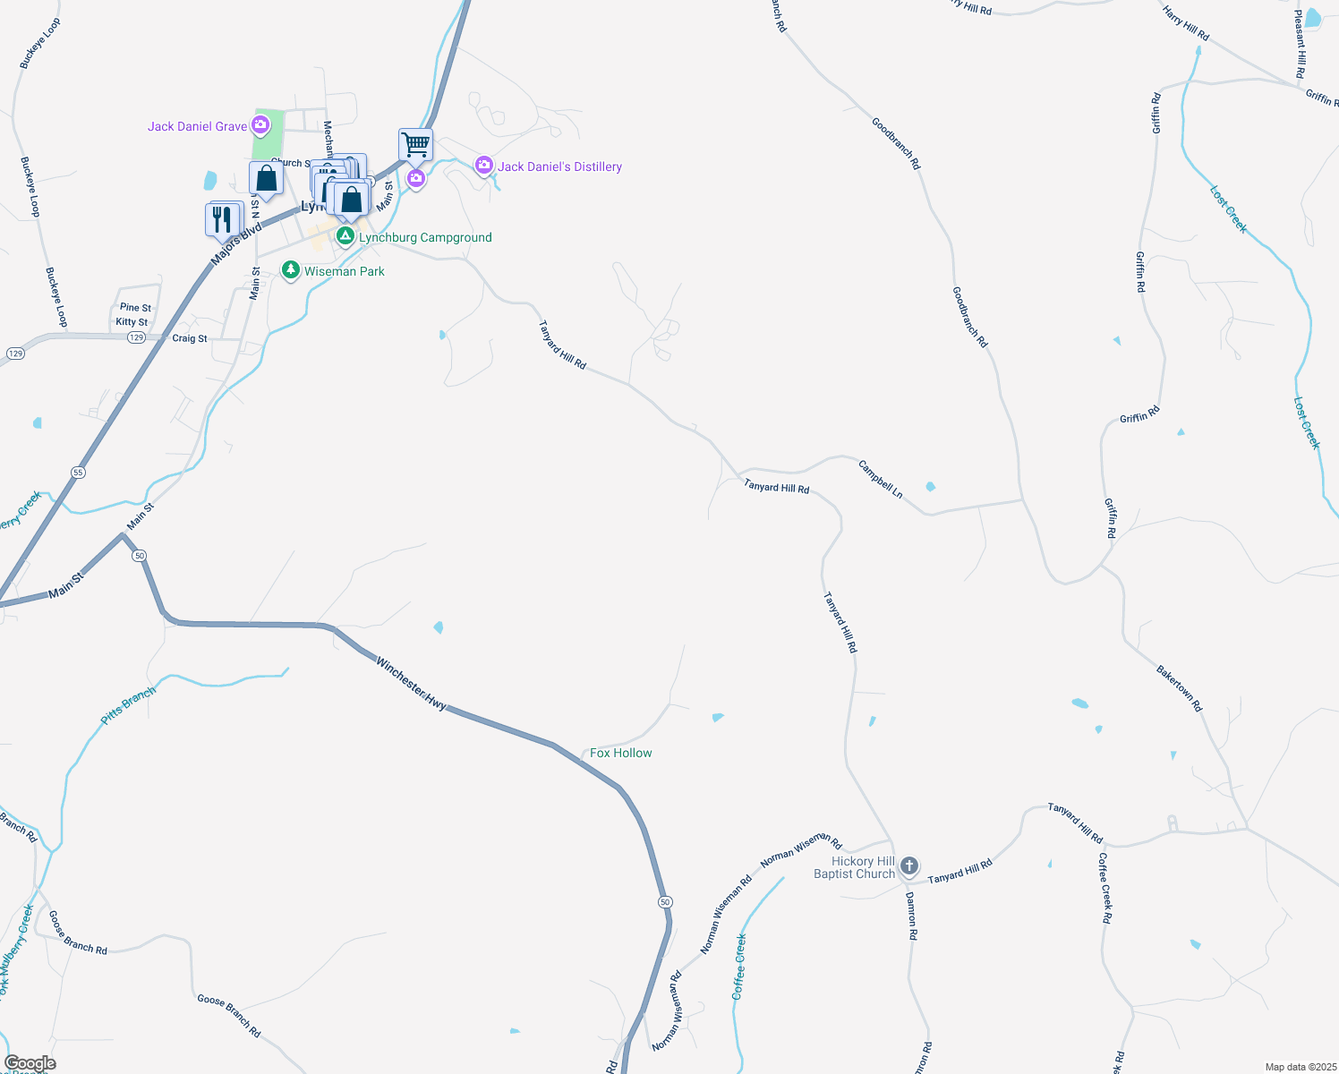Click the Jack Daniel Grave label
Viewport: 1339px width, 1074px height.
click(x=197, y=126)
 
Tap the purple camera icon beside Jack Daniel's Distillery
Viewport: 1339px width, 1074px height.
click(x=484, y=165)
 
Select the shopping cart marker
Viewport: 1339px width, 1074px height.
click(x=415, y=143)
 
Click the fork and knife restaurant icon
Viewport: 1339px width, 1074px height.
click(x=223, y=219)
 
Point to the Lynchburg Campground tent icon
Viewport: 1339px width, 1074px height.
click(x=345, y=236)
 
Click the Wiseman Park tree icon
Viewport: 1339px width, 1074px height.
click(x=291, y=270)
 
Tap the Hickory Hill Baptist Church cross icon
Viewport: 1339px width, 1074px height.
click(x=909, y=865)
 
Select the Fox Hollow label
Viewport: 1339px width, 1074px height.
click(x=621, y=753)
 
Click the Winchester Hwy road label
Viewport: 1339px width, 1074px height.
click(x=411, y=684)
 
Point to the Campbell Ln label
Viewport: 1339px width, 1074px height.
click(x=881, y=480)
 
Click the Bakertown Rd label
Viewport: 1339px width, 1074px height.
click(x=1179, y=688)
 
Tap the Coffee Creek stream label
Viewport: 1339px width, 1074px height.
click(x=739, y=967)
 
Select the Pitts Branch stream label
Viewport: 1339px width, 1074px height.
click(x=128, y=704)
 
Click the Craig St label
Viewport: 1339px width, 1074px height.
click(x=190, y=338)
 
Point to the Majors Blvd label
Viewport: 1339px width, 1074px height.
click(x=236, y=244)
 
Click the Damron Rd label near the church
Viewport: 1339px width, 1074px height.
click(x=911, y=915)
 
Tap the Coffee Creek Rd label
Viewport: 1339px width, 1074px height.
click(x=1106, y=888)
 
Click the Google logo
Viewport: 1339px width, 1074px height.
click(x=30, y=1063)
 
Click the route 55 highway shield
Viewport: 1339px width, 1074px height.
click(x=79, y=472)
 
